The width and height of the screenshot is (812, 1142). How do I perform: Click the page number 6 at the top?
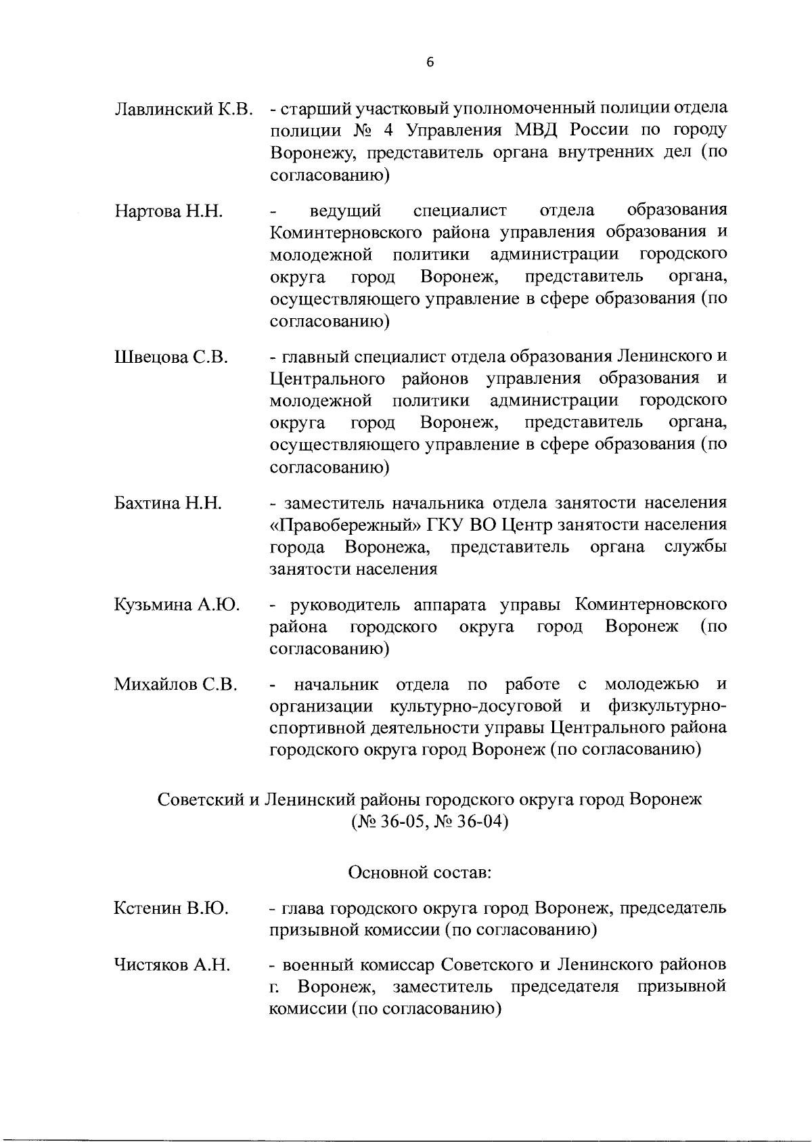tap(430, 62)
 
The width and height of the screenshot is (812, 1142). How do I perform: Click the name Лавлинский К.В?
tap(184, 109)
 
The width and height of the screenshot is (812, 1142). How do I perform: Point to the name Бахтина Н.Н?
tap(168, 504)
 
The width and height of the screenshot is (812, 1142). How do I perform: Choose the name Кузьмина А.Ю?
tap(177, 605)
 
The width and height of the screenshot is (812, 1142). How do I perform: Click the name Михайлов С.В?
tap(175, 684)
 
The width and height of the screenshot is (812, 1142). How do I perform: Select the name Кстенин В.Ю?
tap(171, 908)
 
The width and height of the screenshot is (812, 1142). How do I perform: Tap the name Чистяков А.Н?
tap(173, 965)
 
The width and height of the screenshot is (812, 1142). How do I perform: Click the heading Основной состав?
tap(420, 873)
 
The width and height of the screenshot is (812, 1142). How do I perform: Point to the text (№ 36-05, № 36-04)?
tap(430, 822)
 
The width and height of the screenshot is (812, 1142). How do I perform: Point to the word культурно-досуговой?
tap(476, 707)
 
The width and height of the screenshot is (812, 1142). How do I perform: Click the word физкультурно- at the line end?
tap(667, 707)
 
